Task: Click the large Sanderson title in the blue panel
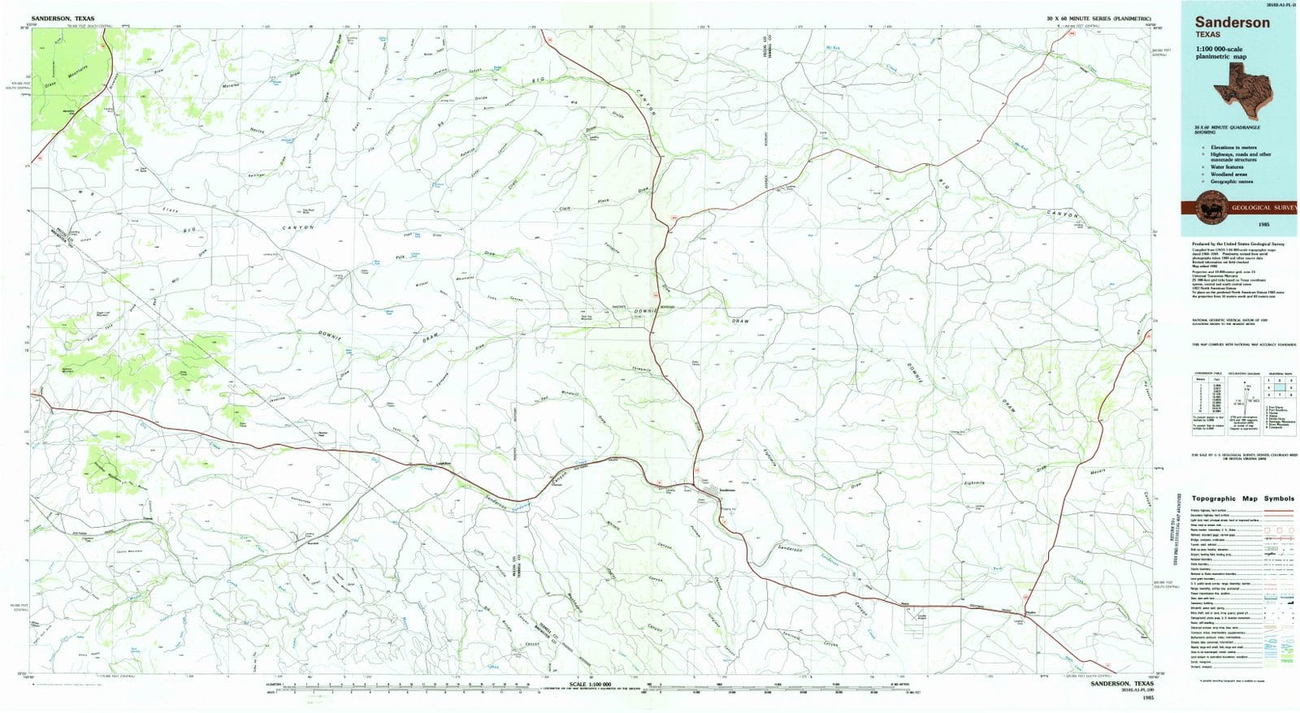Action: coord(1232,23)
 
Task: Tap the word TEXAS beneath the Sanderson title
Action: coord(1207,35)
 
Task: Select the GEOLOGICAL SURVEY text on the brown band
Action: coord(1263,208)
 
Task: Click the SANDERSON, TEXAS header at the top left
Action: coord(63,18)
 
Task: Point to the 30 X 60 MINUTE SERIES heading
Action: coord(1098,18)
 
